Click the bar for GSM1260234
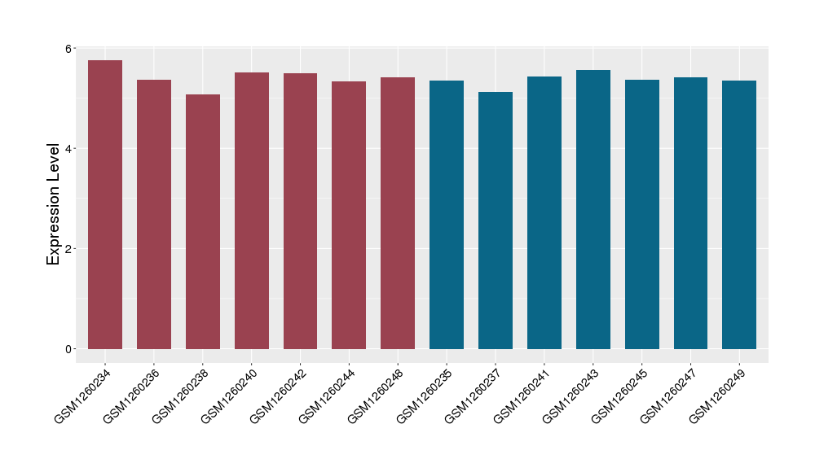pyautogui.click(x=105, y=204)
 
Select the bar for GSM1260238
pyautogui.click(x=203, y=221)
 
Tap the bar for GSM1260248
pyautogui.click(x=398, y=213)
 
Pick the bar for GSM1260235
pyautogui.click(x=447, y=215)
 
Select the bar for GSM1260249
pyautogui.click(x=739, y=215)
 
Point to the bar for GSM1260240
pyautogui.click(x=252, y=211)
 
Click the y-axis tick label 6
pyautogui.click(x=69, y=49)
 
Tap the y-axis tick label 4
pyautogui.click(x=69, y=149)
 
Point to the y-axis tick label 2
pyautogui.click(x=69, y=249)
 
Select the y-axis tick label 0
pyautogui.click(x=69, y=349)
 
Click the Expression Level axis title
pyautogui.click(x=54, y=203)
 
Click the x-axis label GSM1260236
pyautogui.click(x=132, y=396)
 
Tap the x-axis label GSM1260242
pyautogui.click(x=279, y=396)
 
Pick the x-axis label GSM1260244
pyautogui.click(x=328, y=396)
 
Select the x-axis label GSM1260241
pyautogui.click(x=522, y=396)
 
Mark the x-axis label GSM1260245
pyautogui.click(x=620, y=396)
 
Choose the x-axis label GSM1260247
pyautogui.click(x=669, y=396)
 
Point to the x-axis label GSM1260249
pyautogui.click(x=718, y=396)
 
